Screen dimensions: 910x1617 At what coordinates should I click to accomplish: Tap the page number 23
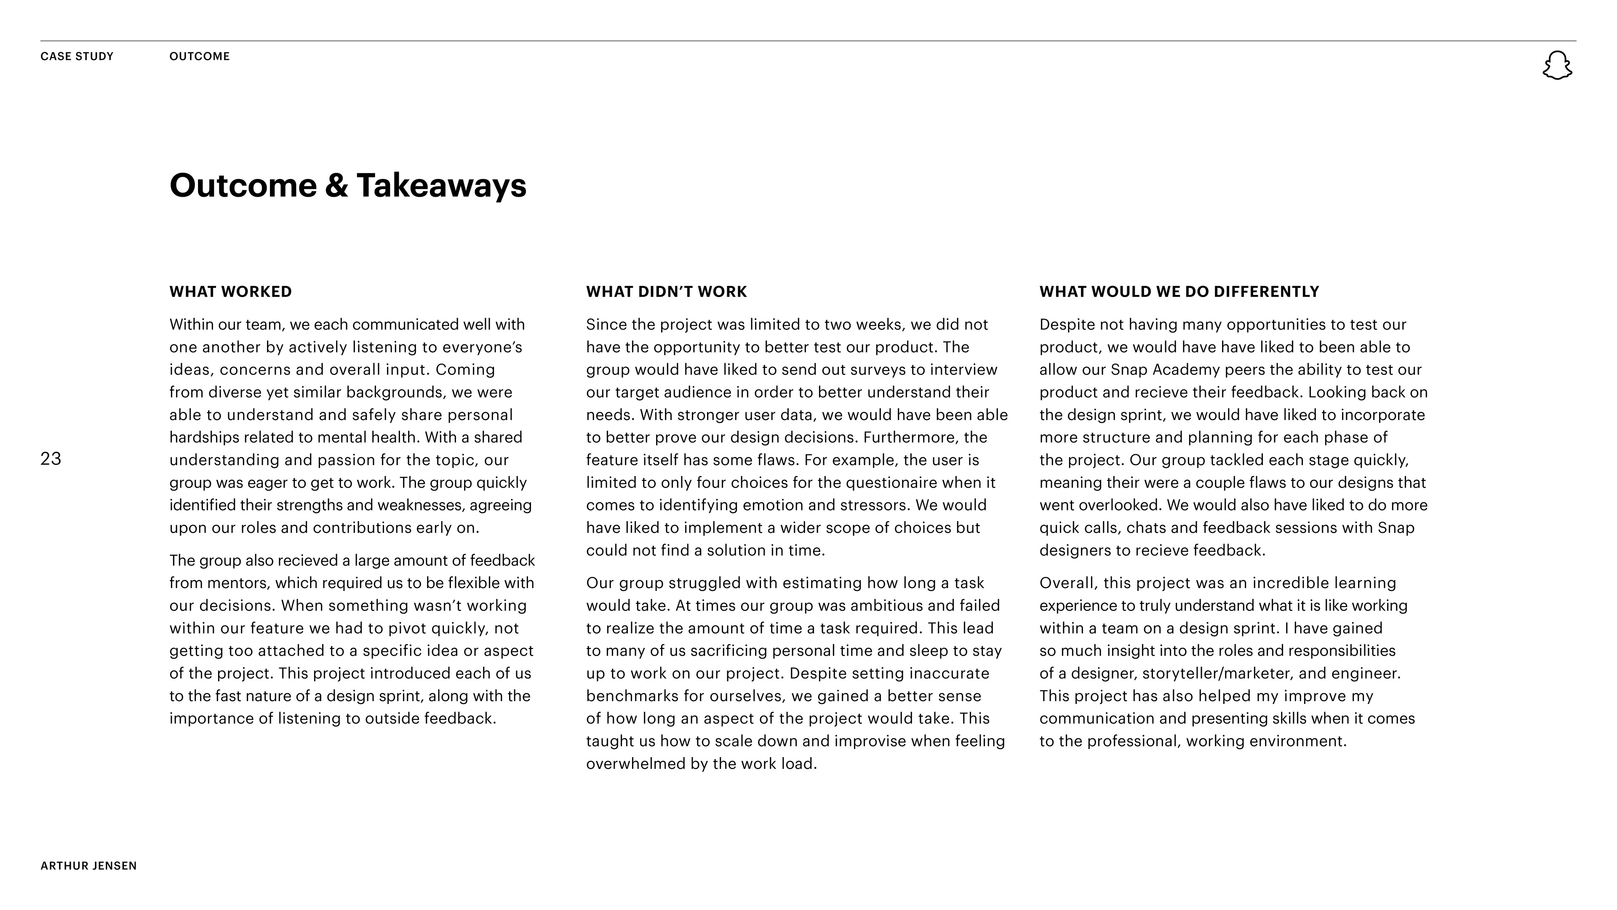click(x=51, y=459)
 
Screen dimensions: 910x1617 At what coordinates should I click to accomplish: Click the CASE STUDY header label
click(x=77, y=56)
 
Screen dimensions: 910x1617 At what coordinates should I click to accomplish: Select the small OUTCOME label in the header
click(x=200, y=56)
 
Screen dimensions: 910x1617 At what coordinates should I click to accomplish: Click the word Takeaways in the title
click(x=441, y=186)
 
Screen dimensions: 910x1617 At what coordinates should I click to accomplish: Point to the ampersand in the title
click(x=336, y=186)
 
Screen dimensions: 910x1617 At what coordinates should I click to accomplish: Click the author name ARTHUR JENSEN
click(x=88, y=866)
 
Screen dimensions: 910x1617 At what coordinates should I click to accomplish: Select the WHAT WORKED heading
click(x=230, y=292)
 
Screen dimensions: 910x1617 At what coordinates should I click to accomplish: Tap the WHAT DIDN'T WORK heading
click(x=666, y=292)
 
